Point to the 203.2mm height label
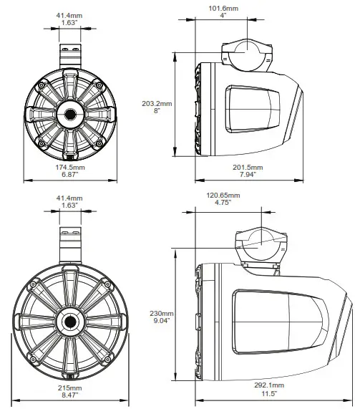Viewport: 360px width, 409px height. point(157,103)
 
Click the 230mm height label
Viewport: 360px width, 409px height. point(161,314)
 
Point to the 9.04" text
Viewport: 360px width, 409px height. point(161,322)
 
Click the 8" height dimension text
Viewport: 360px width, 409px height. point(157,111)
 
